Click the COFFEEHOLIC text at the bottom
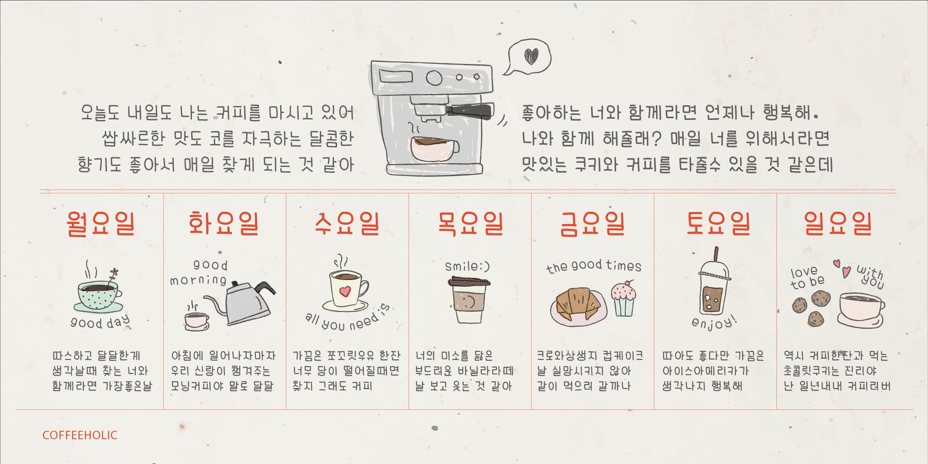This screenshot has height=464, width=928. (80, 435)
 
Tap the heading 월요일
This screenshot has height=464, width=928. (101, 223)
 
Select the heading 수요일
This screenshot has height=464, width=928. (347, 223)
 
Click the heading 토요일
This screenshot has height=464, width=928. (718, 223)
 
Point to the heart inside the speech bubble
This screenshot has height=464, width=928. (531, 56)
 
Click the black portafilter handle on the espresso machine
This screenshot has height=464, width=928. (472, 110)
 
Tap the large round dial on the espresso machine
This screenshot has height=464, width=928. (434, 78)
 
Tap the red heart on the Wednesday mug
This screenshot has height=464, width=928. (345, 291)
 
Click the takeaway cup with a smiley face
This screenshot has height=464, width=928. (469, 301)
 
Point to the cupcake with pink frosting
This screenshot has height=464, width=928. (623, 299)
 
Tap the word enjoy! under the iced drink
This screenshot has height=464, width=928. (714, 322)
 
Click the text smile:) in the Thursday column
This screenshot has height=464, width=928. (467, 266)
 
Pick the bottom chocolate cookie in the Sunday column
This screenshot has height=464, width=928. (816, 319)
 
